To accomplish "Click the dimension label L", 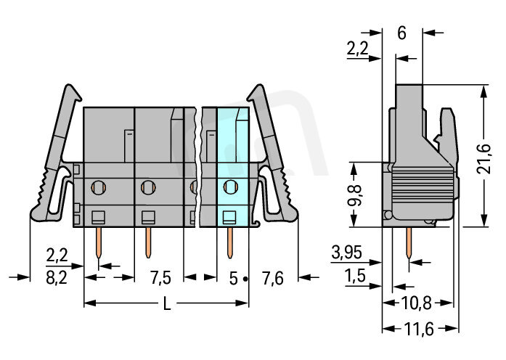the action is click(166, 303).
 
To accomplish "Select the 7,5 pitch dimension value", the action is click(160, 278).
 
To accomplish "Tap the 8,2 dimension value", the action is click(57, 278).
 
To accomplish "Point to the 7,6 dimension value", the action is click(273, 278).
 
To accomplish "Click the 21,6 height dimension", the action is click(484, 159).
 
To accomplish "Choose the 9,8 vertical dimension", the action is click(355, 195).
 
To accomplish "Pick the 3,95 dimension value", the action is click(346, 253).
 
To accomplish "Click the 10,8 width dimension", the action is click(416, 303).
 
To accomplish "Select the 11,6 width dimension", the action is click(419, 329).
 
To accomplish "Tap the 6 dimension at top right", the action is click(401, 33).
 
